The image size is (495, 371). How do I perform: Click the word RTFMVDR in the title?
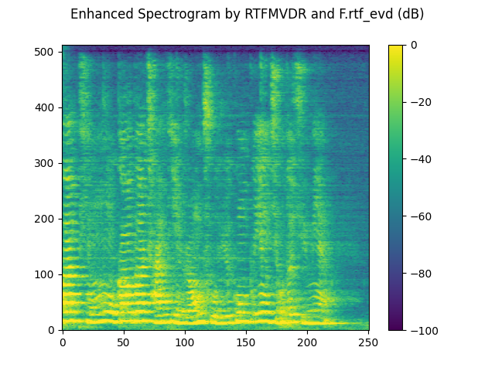234,14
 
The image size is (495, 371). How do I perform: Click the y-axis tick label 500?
46,52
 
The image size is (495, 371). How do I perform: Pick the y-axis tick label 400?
46,107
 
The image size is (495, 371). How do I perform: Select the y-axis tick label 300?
46,163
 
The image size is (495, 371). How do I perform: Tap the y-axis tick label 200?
46,219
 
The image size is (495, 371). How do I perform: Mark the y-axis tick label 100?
46,274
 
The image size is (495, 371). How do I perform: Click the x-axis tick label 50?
124,342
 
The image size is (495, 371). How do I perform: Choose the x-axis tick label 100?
185,342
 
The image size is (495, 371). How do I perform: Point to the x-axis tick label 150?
246,342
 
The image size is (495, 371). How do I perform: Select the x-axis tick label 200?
307,342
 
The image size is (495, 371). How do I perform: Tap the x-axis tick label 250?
368,342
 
